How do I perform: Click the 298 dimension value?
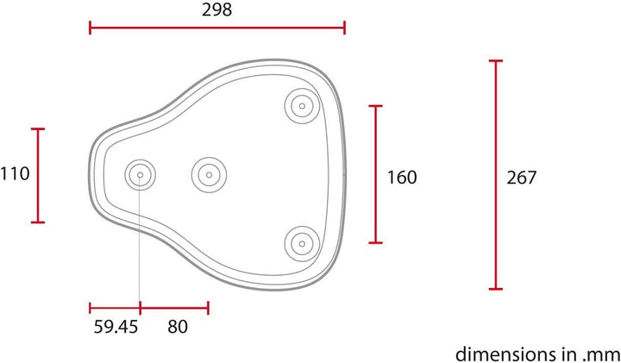click(216, 9)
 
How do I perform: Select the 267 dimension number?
click(521, 178)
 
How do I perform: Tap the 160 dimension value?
click(402, 178)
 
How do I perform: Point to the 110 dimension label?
click(15, 174)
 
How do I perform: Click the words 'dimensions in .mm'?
click(536, 353)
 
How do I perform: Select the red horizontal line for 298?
click(216, 28)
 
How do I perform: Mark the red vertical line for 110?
click(38, 175)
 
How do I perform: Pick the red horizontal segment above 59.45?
click(114, 307)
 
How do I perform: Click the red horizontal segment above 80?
click(174, 307)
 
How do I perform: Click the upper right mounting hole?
click(301, 106)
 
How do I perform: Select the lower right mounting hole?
click(301, 243)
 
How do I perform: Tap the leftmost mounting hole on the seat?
click(140, 175)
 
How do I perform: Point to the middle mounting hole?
click(207, 175)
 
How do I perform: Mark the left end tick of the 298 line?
click(90, 28)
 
